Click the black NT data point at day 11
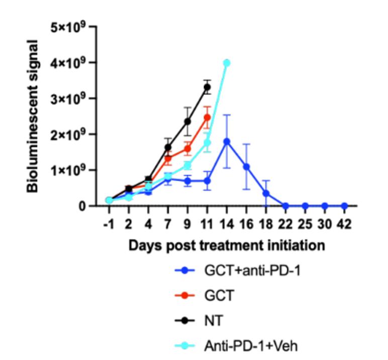click(x=207, y=87)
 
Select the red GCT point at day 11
click(x=207, y=118)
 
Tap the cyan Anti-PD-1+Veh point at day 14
click(x=227, y=63)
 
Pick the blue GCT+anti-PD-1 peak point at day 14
click(x=227, y=142)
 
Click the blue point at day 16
click(x=246, y=166)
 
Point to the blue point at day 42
click(x=344, y=206)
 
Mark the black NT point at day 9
click(x=187, y=121)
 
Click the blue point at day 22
click(x=285, y=206)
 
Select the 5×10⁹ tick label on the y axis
click(x=67, y=27)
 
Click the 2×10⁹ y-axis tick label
click(x=67, y=134)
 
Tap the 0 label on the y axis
click(x=81, y=206)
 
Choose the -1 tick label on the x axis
click(x=109, y=223)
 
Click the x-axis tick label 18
click(x=266, y=223)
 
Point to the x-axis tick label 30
click(x=325, y=223)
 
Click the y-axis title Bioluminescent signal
click(x=33, y=116)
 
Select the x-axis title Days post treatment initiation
click(x=226, y=246)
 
